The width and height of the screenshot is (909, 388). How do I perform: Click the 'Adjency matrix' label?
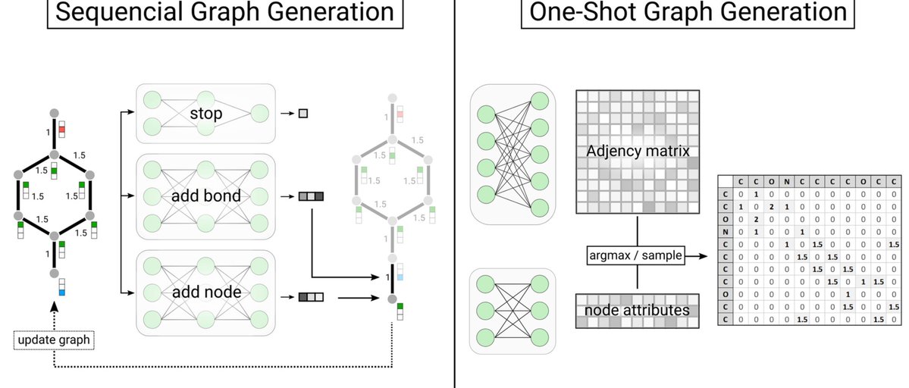pyautogui.click(x=637, y=152)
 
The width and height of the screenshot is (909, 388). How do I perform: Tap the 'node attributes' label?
pyautogui.click(x=637, y=310)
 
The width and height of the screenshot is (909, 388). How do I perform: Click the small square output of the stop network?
pyautogui.click(x=303, y=114)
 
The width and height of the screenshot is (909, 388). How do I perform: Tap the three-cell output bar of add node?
pyautogui.click(x=311, y=297)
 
